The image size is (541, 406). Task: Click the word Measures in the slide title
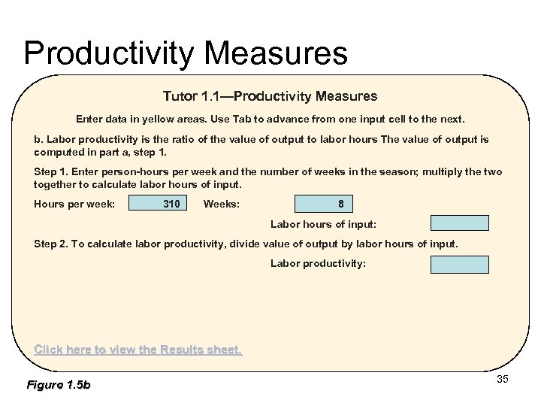point(276,53)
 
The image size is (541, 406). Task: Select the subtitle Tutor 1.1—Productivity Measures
point(270,96)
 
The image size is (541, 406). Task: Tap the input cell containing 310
point(159,204)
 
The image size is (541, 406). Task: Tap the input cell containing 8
point(323,204)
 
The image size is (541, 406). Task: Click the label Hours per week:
point(74,204)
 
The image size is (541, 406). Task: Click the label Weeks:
point(222,204)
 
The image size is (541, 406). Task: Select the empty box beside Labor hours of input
point(459,223)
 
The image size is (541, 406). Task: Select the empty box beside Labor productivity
point(459,264)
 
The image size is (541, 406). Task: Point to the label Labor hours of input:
point(323,224)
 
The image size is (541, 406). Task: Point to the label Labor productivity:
point(318,264)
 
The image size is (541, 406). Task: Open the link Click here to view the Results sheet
point(138,350)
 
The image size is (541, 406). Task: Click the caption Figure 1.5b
point(58,385)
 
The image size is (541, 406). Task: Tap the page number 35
point(503,379)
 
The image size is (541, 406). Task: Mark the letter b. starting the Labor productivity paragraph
point(39,139)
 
